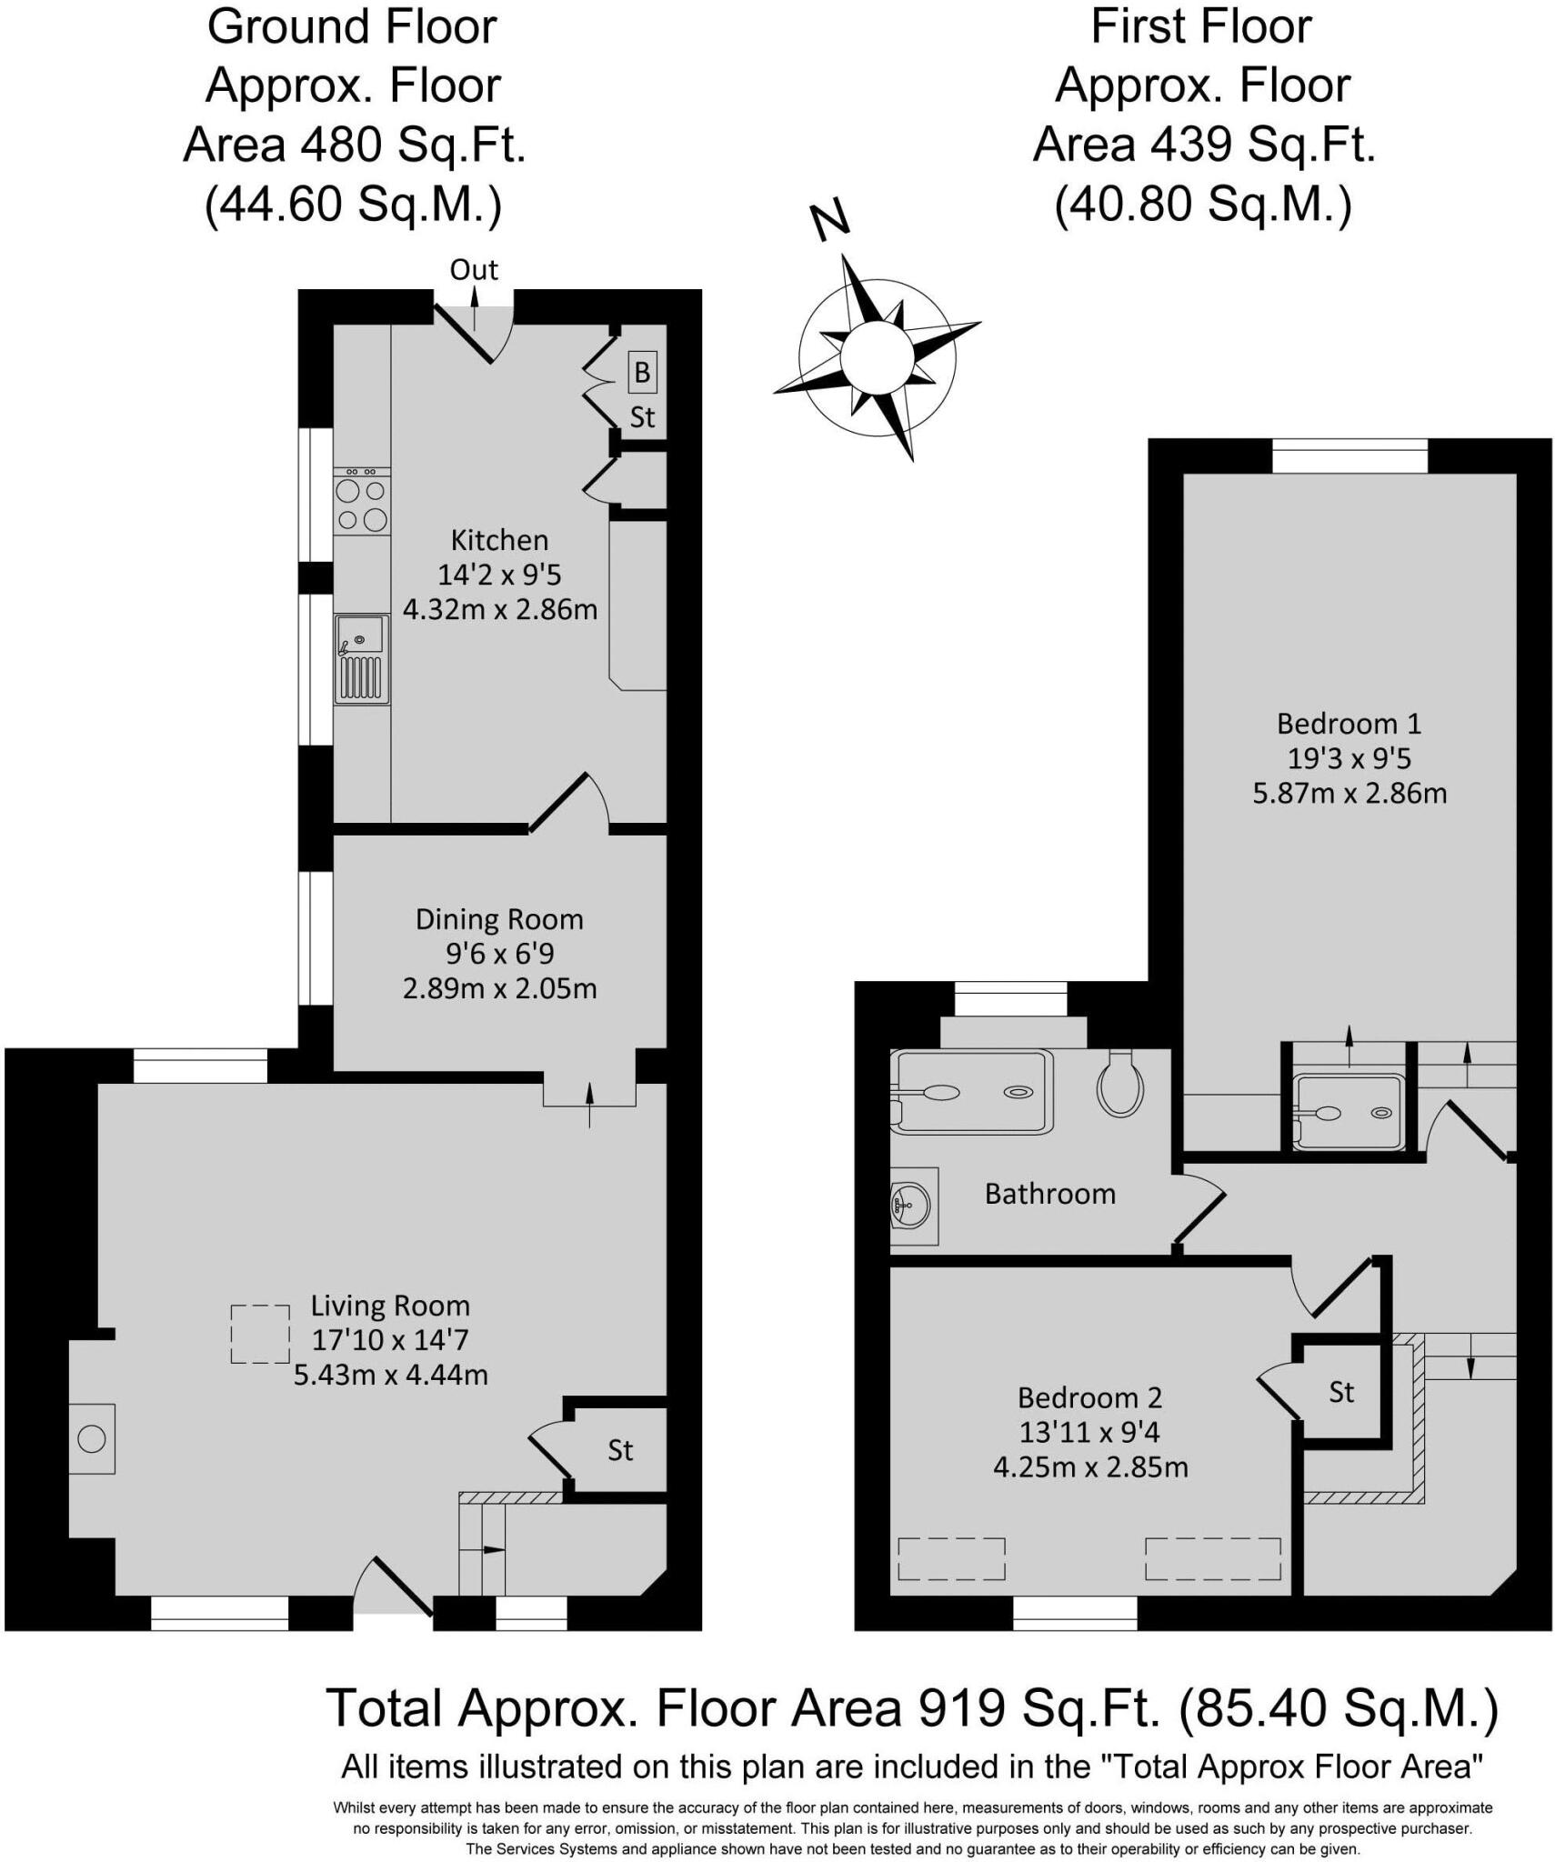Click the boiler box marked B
pyautogui.click(x=642, y=372)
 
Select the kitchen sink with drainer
pyautogui.click(x=361, y=659)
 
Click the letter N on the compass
pyautogui.click(x=830, y=221)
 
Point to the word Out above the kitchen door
pyautogui.click(x=474, y=270)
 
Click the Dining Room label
pyautogui.click(x=499, y=919)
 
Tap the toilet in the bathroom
pyautogui.click(x=1120, y=1084)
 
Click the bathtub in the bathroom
pyautogui.click(x=971, y=1091)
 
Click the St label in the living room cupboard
pyautogui.click(x=620, y=1450)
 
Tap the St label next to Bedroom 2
pyautogui.click(x=1341, y=1392)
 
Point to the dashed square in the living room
pyautogui.click(x=260, y=1334)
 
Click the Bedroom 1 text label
pyautogui.click(x=1349, y=724)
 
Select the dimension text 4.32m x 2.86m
pyautogui.click(x=499, y=609)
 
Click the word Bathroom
pyautogui.click(x=1050, y=1194)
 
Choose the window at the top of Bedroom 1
pyautogui.click(x=1349, y=455)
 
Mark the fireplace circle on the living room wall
pyautogui.click(x=92, y=1439)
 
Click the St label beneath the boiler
pyautogui.click(x=642, y=417)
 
